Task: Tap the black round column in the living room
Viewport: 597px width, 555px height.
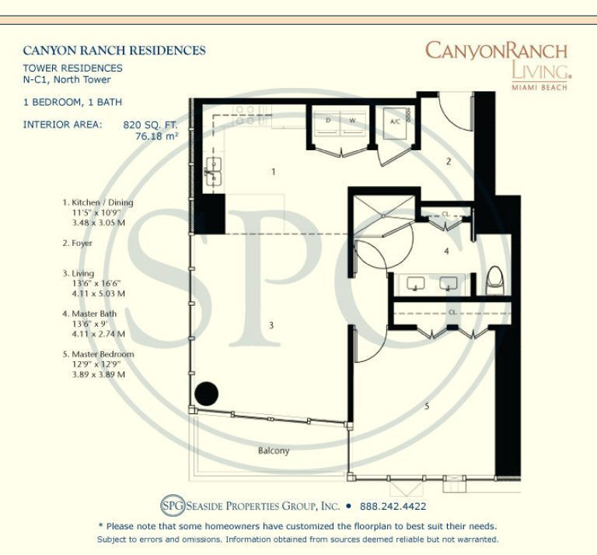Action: click(x=207, y=392)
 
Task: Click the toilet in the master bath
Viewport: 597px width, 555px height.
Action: click(x=494, y=281)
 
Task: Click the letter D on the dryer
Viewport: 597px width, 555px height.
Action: click(x=328, y=121)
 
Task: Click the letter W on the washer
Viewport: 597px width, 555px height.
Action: click(x=352, y=121)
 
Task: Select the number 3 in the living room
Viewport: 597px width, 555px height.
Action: click(x=271, y=325)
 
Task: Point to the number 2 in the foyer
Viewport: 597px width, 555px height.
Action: click(x=448, y=162)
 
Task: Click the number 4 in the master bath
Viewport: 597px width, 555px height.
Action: click(x=446, y=251)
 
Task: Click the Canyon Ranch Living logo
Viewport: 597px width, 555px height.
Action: click(x=496, y=65)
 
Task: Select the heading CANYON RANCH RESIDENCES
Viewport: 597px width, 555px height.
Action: click(x=114, y=51)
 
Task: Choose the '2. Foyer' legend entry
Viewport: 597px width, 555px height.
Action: click(x=78, y=244)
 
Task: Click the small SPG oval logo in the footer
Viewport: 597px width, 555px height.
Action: click(x=173, y=504)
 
